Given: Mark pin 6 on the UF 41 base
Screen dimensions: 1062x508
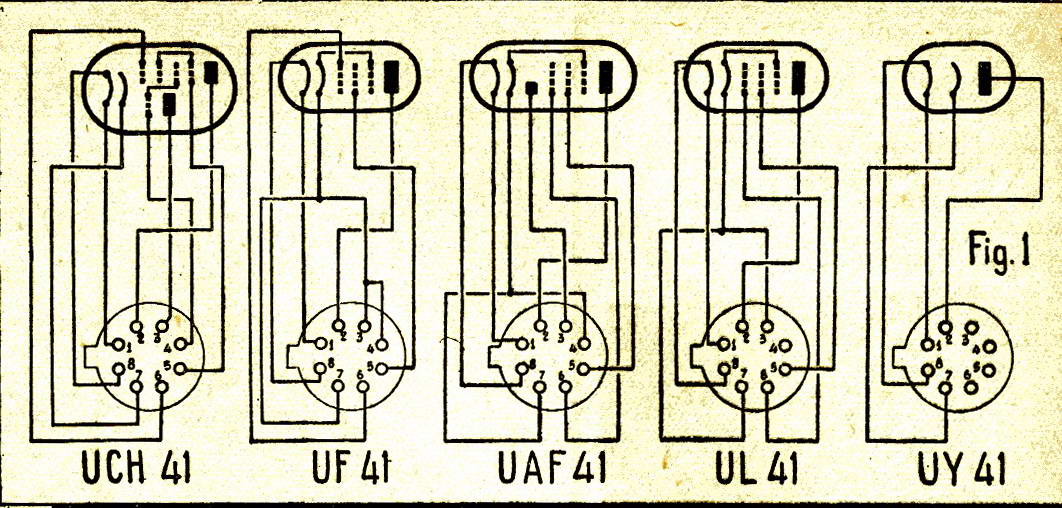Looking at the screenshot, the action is click(x=362, y=386).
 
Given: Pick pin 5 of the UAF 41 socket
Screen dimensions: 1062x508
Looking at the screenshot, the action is click(x=584, y=368).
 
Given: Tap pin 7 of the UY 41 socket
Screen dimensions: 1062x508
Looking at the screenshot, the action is click(x=946, y=386).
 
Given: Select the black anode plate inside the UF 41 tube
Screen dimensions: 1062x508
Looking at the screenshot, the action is click(x=391, y=73).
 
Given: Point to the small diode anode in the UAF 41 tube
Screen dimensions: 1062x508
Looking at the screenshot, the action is click(x=532, y=88).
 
